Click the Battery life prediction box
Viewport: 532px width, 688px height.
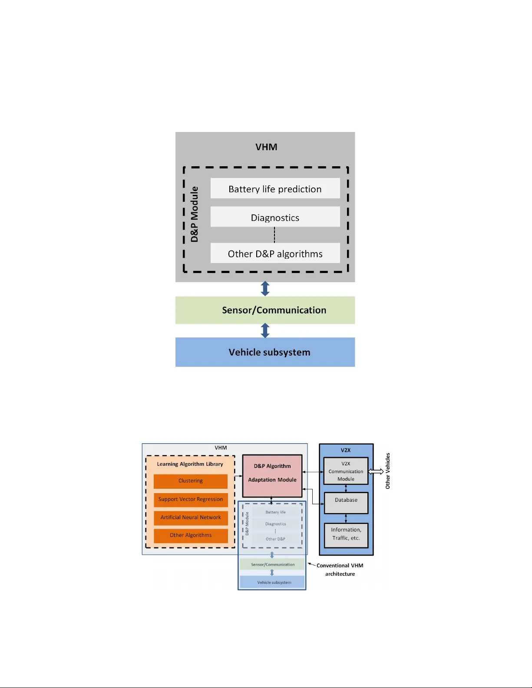coord(275,188)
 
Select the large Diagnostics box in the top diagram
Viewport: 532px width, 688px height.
coord(275,217)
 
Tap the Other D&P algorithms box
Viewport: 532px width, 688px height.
coord(275,253)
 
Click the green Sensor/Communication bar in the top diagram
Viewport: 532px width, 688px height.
coord(265,310)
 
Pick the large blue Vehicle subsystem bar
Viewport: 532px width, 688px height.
coord(265,352)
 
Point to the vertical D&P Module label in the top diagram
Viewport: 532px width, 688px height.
coord(194,214)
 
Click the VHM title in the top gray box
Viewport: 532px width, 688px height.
coord(266,147)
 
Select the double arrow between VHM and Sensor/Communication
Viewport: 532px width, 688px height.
coord(265,289)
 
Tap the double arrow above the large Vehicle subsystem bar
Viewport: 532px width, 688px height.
coord(265,331)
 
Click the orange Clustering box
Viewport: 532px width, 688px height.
coord(191,481)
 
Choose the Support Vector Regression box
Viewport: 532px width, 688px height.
coord(191,499)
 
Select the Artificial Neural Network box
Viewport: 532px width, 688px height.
coord(191,517)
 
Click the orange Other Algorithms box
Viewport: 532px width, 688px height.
coord(191,535)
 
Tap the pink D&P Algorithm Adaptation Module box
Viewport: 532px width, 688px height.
coord(272,475)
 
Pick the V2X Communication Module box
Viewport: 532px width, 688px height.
coord(346,471)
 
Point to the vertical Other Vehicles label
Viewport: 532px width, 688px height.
coord(388,471)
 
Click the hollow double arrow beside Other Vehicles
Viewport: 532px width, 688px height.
coord(376,471)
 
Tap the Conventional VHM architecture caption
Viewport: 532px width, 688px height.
coord(340,569)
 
